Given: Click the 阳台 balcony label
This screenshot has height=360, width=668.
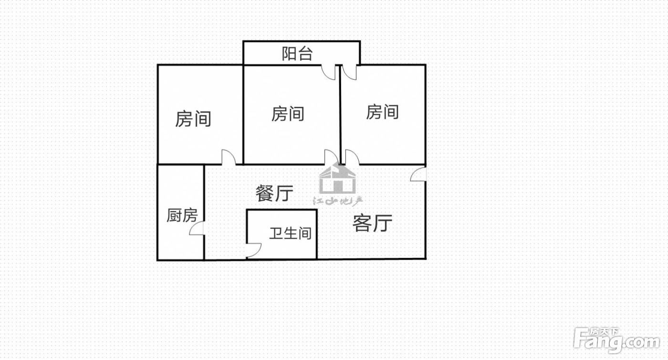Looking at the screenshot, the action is coord(297,54).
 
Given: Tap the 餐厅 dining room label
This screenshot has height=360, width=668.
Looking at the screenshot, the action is coord(274,193).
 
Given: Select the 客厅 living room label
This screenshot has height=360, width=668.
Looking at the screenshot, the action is coord(372,223).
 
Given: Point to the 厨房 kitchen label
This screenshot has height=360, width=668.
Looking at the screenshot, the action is coord(182,215).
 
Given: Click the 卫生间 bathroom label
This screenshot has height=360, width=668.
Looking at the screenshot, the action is coord(290,233).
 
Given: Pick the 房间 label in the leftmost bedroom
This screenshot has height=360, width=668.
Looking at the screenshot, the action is coord(193,119).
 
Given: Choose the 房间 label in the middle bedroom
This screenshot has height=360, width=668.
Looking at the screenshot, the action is coord(288,114).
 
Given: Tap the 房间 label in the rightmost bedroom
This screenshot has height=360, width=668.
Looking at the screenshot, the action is coord(382,112).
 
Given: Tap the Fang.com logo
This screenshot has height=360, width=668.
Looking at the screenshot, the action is coord(616,341).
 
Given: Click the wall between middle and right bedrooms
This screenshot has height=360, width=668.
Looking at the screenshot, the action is coord(340,114).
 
